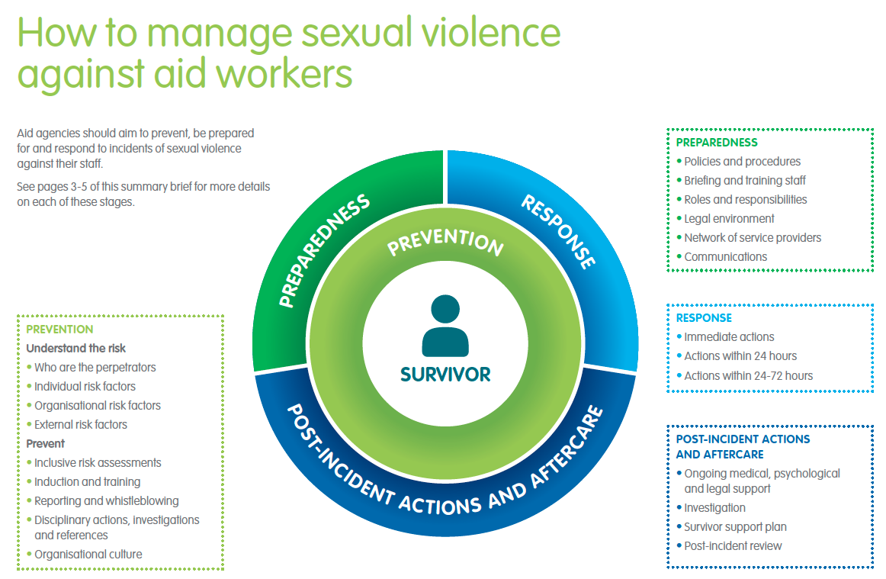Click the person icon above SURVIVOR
pos(445,326)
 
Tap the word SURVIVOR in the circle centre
pos(445,375)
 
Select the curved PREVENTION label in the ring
pos(446,242)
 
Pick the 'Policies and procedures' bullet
pos(742,162)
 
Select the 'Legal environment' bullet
pos(729,219)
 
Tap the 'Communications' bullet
pos(725,257)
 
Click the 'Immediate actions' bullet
pos(729,337)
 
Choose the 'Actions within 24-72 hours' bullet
pos(748,375)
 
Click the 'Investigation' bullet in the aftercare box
pos(714,508)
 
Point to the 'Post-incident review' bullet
pos(733,546)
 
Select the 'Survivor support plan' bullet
pos(735,527)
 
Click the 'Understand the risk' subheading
pos(76,349)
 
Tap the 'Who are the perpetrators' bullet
pos(95,368)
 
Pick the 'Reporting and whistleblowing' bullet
pos(106,501)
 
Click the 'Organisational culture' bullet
pos(88,555)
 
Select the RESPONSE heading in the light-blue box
pos(704,318)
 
